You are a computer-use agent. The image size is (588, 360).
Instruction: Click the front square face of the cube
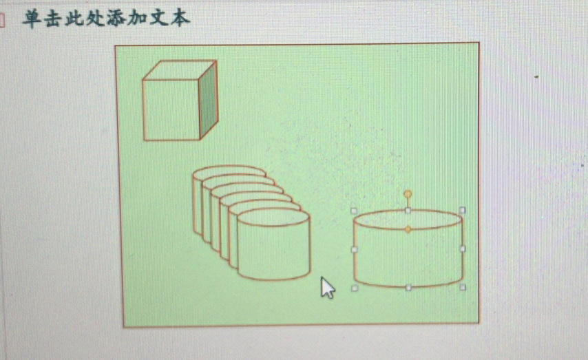(x=171, y=110)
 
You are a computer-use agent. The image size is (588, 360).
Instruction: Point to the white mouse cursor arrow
(x=327, y=287)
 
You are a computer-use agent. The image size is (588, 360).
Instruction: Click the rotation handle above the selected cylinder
(x=408, y=194)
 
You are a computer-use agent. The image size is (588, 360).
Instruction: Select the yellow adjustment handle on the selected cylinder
(x=408, y=229)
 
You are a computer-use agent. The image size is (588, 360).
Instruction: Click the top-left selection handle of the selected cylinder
(x=354, y=211)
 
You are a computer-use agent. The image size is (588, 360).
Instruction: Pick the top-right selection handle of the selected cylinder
(x=463, y=210)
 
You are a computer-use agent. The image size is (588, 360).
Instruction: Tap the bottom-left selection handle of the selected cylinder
(x=355, y=288)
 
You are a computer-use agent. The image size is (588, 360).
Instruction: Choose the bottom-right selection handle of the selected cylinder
(x=463, y=287)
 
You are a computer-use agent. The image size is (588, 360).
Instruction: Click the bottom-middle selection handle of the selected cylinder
(x=408, y=288)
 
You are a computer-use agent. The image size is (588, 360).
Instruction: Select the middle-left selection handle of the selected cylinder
(x=354, y=249)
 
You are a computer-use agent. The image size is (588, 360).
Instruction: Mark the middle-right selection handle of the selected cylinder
(x=463, y=248)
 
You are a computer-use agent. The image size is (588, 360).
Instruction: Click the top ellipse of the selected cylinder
(x=408, y=220)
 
